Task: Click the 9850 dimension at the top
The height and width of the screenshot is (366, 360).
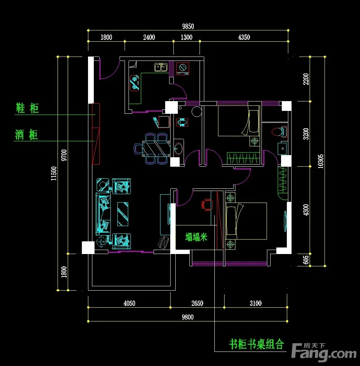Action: coord(188,26)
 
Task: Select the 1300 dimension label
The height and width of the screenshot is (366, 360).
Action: coord(187,37)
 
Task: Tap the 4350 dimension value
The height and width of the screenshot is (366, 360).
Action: coord(244,37)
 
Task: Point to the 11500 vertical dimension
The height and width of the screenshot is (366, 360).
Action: coord(54,174)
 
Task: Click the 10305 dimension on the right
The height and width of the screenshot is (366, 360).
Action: coord(321,161)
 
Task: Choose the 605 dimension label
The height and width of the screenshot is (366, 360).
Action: coord(306,260)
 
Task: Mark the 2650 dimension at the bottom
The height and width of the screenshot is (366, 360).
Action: coord(197,303)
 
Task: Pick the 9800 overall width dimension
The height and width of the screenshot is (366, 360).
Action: coord(188,317)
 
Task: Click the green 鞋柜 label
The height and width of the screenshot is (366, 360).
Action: coord(27,108)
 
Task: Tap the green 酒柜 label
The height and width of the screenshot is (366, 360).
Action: coord(26,135)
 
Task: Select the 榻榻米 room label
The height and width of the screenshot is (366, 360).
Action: coord(196,237)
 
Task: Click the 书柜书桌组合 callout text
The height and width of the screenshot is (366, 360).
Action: coord(256,344)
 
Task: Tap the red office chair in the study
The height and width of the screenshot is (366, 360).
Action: coord(206,205)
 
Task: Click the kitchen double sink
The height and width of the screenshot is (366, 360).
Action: coord(161,67)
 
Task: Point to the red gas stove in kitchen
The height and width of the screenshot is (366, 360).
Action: coord(135,83)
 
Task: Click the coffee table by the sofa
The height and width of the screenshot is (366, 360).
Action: coord(123,214)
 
